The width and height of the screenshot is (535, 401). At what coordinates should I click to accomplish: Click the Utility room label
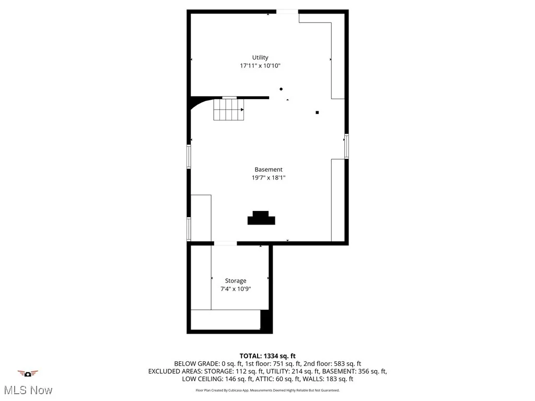point(260,57)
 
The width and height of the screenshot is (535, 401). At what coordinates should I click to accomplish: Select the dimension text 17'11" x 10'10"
point(260,66)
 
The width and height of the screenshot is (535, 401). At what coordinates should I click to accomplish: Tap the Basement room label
point(268,169)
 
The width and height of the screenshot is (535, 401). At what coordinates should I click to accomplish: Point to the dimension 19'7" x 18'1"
point(268,178)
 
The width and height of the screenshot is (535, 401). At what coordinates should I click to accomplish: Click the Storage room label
point(236,281)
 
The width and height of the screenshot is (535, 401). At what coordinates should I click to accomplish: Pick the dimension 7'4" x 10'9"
point(236,289)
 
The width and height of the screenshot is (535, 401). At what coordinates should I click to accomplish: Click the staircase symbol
point(228,110)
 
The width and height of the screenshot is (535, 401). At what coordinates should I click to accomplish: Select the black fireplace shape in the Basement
point(261,218)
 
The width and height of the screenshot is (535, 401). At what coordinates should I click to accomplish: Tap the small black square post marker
point(317,112)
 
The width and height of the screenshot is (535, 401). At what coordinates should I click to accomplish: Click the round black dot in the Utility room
point(281,89)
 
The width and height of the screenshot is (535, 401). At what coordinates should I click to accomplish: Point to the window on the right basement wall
point(346,146)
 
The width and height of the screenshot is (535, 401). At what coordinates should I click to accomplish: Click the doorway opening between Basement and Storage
point(225,243)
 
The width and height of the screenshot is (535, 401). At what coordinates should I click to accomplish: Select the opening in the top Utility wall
point(287,12)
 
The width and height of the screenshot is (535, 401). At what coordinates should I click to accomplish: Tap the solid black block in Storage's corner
point(265,320)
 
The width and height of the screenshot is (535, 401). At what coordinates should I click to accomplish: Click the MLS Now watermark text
point(28,390)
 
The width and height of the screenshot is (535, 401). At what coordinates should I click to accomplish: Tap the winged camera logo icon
point(28,373)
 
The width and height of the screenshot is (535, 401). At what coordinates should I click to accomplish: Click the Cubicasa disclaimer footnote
point(267,390)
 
